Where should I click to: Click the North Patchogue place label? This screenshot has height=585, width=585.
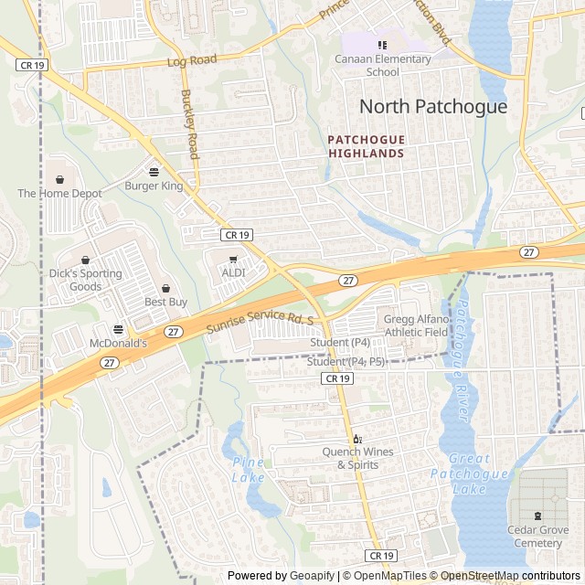coord(432,106)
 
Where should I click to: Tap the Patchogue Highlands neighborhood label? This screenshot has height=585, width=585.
coord(366,146)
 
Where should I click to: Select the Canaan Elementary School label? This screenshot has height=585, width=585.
coord(384,66)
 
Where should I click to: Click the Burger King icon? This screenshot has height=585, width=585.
coord(153,171)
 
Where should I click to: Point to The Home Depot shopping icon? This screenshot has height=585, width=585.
coord(60,179)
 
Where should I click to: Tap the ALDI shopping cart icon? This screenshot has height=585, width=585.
coord(233,260)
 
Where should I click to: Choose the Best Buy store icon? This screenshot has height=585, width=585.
coord(165,287)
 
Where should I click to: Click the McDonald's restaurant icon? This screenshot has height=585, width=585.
coord(118,329)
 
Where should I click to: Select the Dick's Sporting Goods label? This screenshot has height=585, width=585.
coord(85,280)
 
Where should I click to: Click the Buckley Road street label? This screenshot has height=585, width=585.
coord(189,123)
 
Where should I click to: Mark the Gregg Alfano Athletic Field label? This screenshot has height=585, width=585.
coord(416,325)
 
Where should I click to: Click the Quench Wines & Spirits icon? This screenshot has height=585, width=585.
coord(357,439)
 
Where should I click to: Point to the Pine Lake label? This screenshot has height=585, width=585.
coord(248,470)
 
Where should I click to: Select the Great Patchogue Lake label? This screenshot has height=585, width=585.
coord(469,473)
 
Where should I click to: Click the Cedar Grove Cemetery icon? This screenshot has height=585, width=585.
coord(537,516)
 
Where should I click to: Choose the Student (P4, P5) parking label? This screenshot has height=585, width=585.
coord(346,362)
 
